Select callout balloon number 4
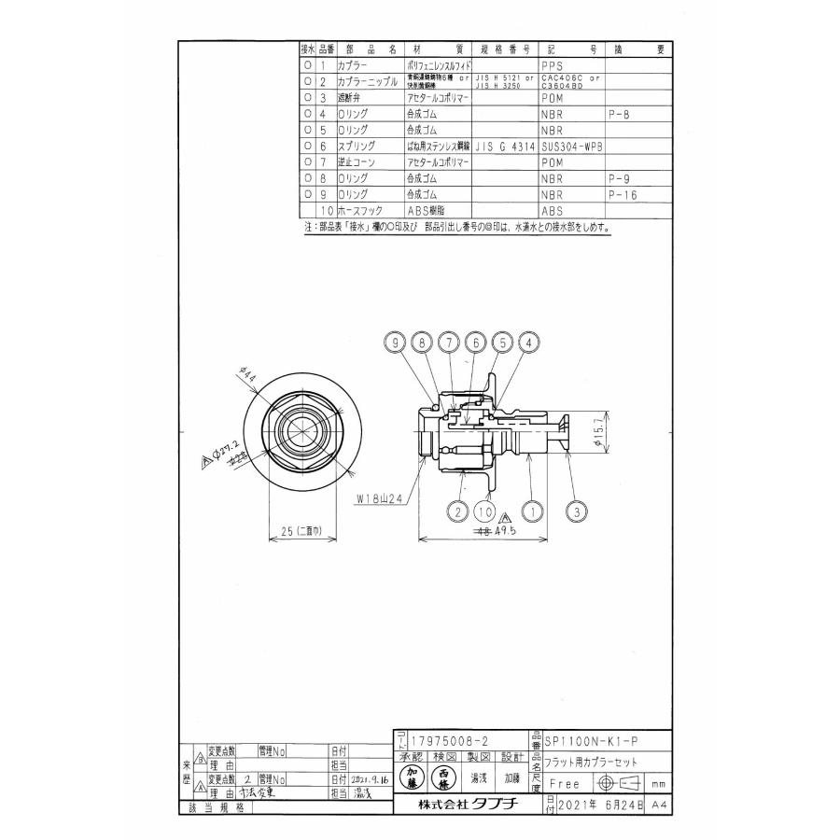click(528, 343)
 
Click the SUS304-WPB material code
click(570, 147)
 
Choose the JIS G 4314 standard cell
click(504, 147)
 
